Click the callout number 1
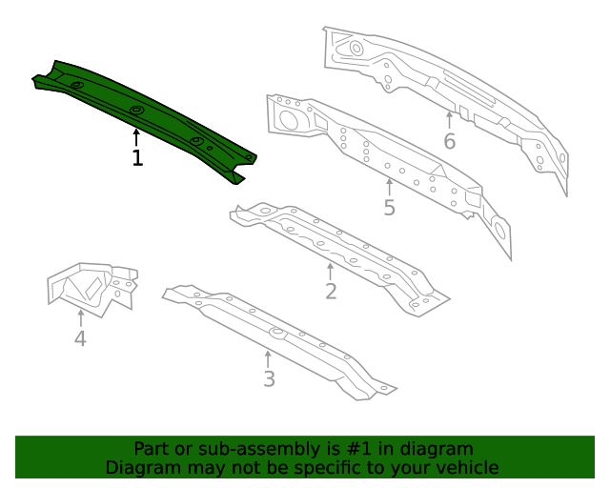click(137, 158)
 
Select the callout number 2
click(331, 292)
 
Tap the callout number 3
click(269, 379)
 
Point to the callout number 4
click(80, 338)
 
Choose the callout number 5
click(389, 207)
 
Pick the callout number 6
click(450, 142)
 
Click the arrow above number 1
click(137, 136)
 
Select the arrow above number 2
click(331, 270)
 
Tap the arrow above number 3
click(269, 357)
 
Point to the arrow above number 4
click(80, 316)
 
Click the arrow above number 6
click(450, 120)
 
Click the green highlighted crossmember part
click(143, 114)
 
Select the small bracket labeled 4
click(92, 286)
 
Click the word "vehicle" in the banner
click(465, 468)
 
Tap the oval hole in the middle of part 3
click(278, 333)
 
